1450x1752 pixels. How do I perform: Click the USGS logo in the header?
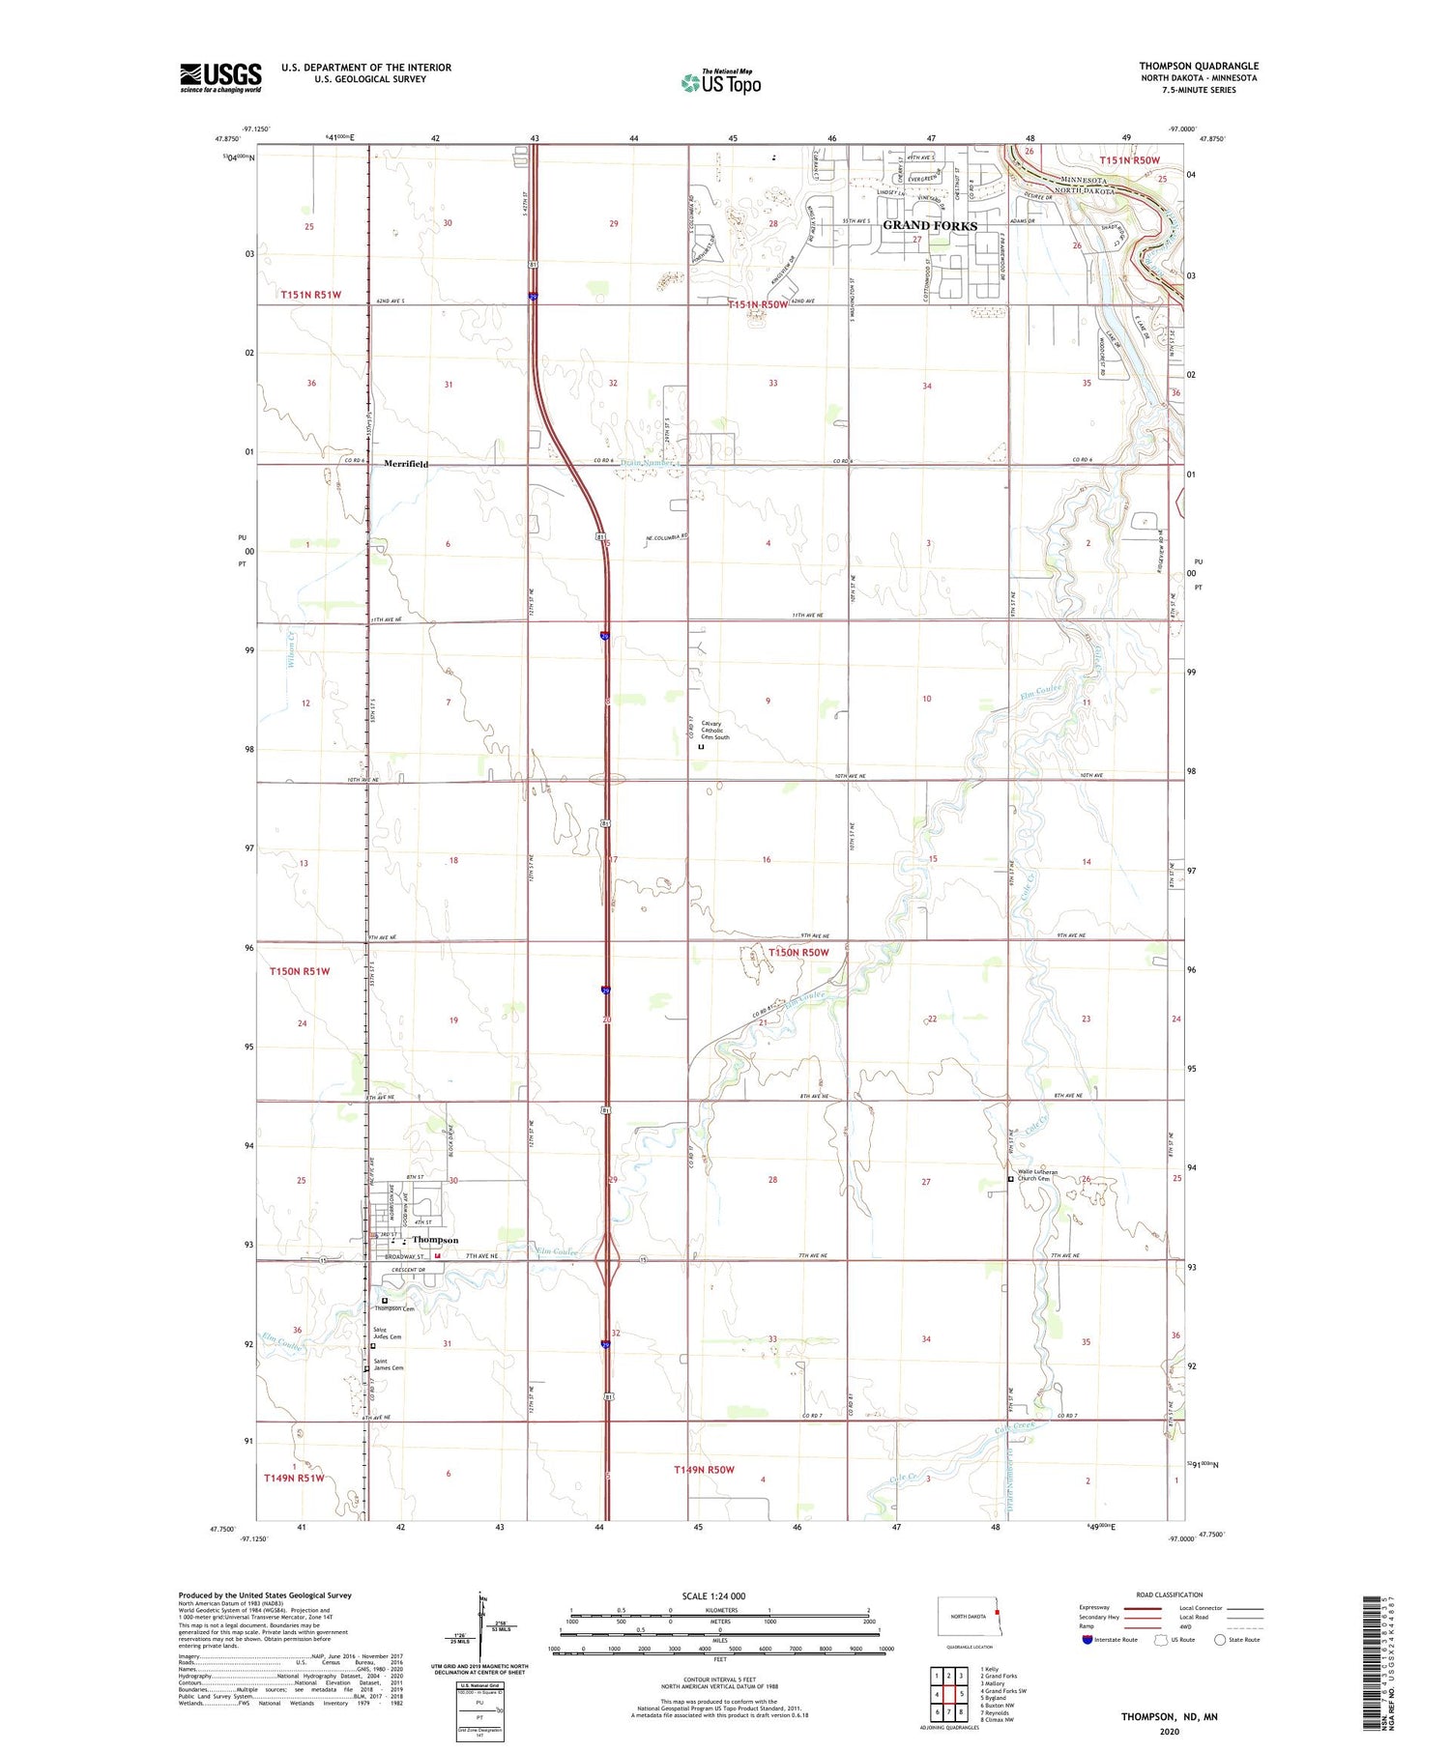pyautogui.click(x=220, y=77)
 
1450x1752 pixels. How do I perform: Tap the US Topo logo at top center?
pyautogui.click(x=721, y=82)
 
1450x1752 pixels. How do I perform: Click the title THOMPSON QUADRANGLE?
pyautogui.click(x=1198, y=66)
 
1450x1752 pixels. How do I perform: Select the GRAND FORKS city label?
pyautogui.click(x=930, y=225)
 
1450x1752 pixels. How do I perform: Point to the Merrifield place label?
pyautogui.click(x=406, y=464)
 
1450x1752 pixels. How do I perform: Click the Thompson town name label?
pyautogui.click(x=435, y=1240)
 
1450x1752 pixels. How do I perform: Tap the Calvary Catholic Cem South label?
pyautogui.click(x=715, y=731)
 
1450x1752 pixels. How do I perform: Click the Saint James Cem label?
pyautogui.click(x=389, y=1364)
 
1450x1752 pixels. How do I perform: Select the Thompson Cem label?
pyautogui.click(x=391, y=1307)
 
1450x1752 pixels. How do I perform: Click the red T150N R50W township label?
pyautogui.click(x=798, y=952)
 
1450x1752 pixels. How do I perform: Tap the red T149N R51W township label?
pyautogui.click(x=294, y=1478)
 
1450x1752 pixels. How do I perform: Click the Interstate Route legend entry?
pyautogui.click(x=1109, y=1640)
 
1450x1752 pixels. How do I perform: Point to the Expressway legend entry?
pyautogui.click(x=1094, y=1608)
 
